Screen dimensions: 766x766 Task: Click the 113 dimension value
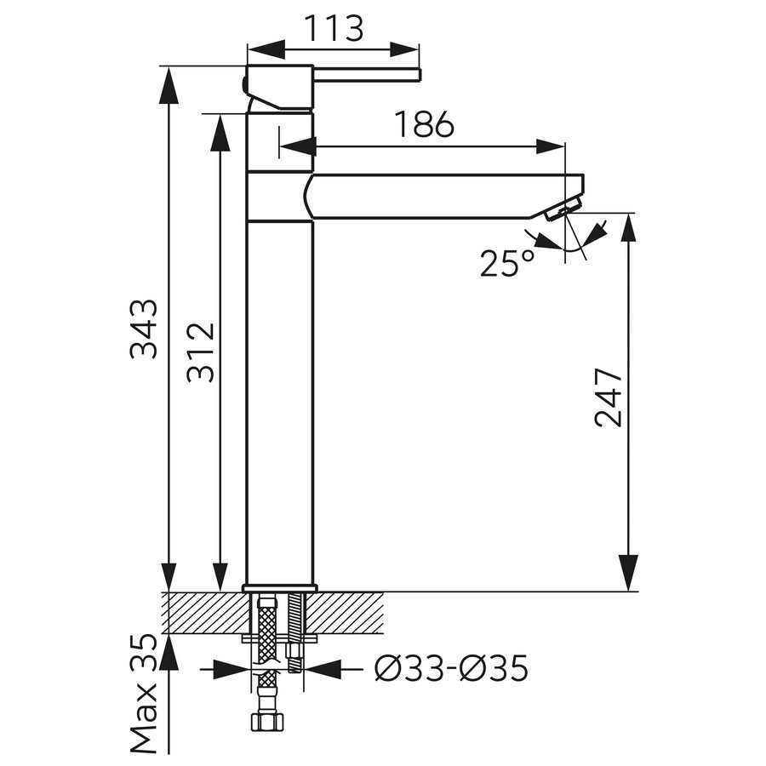click(x=334, y=28)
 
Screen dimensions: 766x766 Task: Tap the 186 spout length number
click(x=424, y=124)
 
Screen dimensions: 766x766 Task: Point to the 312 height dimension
click(x=201, y=352)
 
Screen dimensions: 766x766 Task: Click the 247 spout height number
click(x=609, y=398)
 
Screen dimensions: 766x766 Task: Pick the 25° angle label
click(x=506, y=263)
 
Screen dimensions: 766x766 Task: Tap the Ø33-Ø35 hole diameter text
click(x=451, y=668)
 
